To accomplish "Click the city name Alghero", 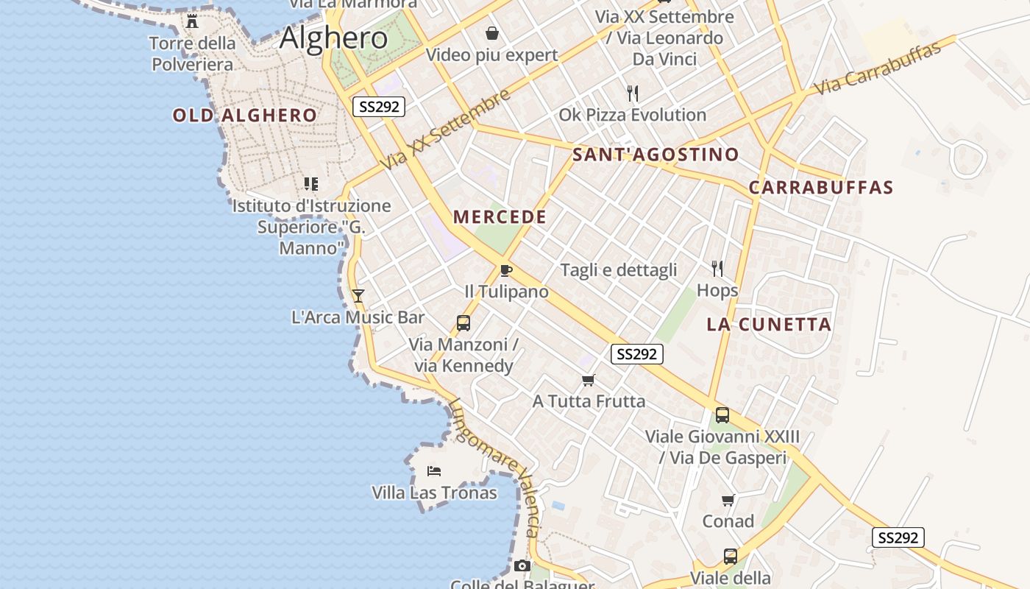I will (334, 38).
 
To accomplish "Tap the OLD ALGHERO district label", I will (244, 116).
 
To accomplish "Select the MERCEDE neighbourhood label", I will (500, 217).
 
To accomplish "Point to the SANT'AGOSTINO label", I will (656, 155).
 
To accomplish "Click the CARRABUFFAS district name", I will (821, 188).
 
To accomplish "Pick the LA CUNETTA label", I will (769, 325).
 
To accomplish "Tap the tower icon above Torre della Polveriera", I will (192, 21).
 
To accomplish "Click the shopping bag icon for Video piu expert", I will (491, 33).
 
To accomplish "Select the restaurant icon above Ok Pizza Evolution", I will (632, 94).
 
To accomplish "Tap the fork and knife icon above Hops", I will (717, 269).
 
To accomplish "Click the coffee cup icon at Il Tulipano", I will (505, 270).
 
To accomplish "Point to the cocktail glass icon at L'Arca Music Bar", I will (358, 296).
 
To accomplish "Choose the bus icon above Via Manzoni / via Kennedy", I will (464, 322).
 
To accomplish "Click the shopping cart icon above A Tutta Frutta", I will (588, 381).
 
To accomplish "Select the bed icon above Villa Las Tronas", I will (434, 470).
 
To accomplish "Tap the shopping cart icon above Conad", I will (728, 501).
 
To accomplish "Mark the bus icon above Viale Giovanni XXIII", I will (722, 415).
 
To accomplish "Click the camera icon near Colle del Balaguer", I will (522, 565).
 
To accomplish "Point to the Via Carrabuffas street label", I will (877, 68).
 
